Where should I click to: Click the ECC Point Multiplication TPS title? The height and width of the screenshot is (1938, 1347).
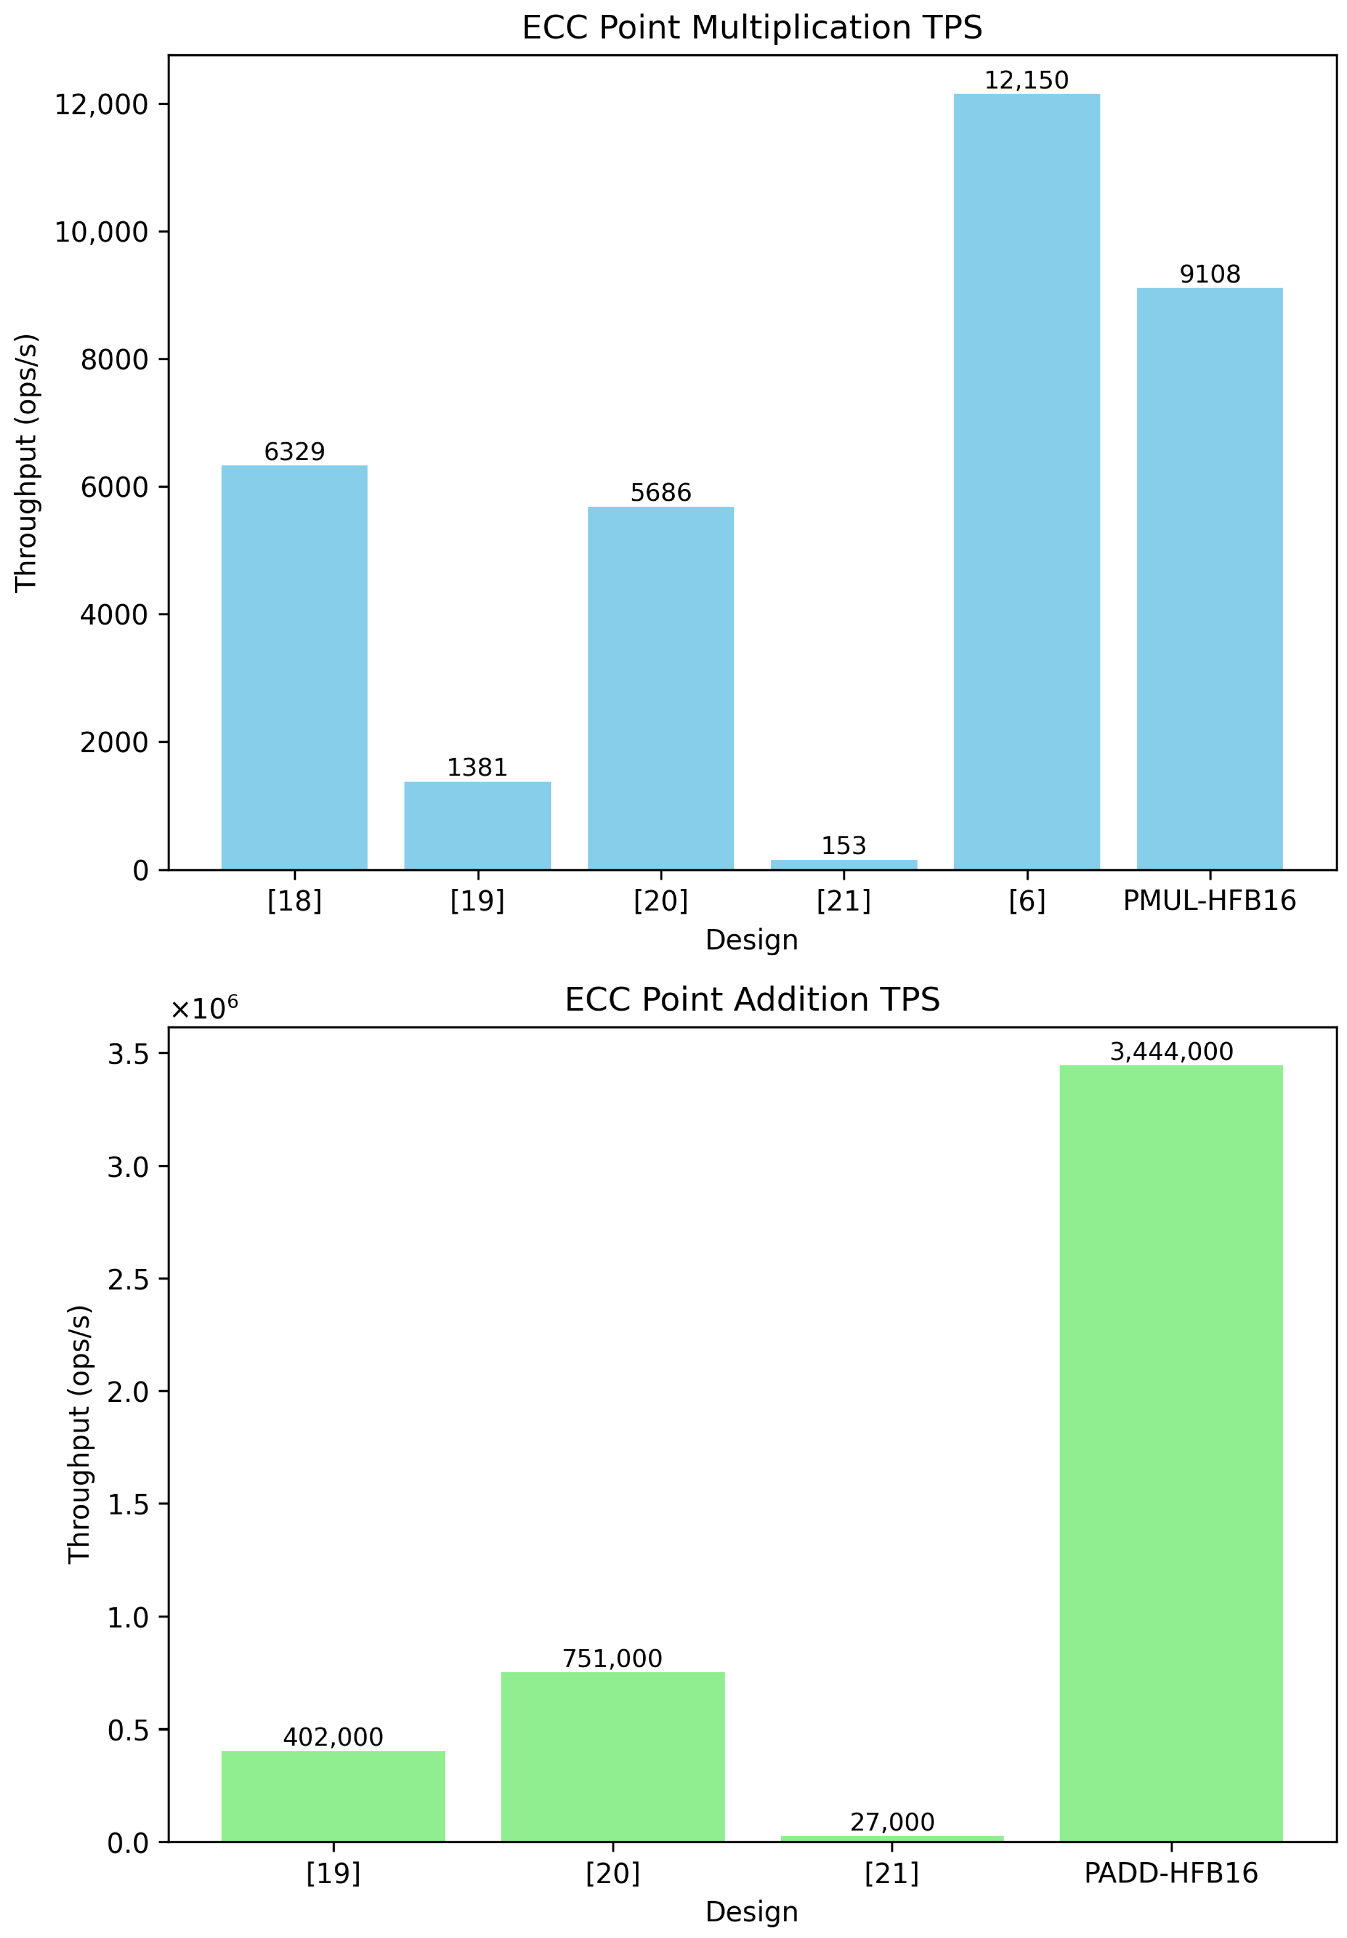(752, 28)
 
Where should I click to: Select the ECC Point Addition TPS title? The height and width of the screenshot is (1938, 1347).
(752, 1000)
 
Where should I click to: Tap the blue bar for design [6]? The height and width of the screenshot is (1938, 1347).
(1026, 481)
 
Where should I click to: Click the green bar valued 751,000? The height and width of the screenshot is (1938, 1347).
(612, 1756)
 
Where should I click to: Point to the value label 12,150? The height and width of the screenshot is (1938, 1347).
(1026, 80)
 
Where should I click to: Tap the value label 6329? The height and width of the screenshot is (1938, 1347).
(295, 452)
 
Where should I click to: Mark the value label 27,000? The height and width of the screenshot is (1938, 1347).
(891, 1823)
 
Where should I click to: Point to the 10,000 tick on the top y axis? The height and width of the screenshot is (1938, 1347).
(101, 232)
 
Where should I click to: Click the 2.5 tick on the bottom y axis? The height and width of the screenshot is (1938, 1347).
(128, 1280)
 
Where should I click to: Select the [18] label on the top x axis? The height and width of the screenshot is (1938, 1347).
(295, 902)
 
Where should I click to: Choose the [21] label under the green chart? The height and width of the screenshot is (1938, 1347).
(891, 1874)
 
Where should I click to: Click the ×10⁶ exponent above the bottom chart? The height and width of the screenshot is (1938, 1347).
(204, 1008)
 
